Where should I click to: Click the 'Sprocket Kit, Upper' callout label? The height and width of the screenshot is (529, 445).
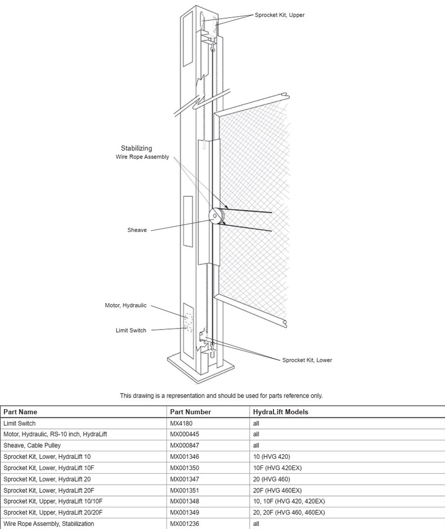(280, 15)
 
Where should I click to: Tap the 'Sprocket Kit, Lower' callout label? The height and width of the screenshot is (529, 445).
(306, 360)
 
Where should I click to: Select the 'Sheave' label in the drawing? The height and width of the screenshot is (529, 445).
(137, 230)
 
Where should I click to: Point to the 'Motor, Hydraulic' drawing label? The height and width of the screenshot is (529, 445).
(126, 305)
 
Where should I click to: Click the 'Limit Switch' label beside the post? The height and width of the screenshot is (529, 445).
(131, 331)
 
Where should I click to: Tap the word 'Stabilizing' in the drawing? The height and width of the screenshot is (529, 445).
(136, 148)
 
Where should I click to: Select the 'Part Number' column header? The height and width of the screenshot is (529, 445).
(190, 412)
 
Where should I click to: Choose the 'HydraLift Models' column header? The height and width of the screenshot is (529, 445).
(280, 412)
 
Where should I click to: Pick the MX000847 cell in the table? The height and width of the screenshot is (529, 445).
(185, 445)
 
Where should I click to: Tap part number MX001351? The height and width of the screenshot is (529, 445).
(185, 490)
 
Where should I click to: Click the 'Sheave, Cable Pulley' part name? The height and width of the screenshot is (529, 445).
(32, 445)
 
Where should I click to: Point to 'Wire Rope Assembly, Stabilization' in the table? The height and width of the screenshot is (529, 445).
(49, 524)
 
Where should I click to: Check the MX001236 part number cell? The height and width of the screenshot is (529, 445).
(185, 524)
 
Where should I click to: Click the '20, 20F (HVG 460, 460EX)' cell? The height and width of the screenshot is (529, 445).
(289, 512)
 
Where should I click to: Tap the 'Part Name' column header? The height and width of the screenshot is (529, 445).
(20, 412)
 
